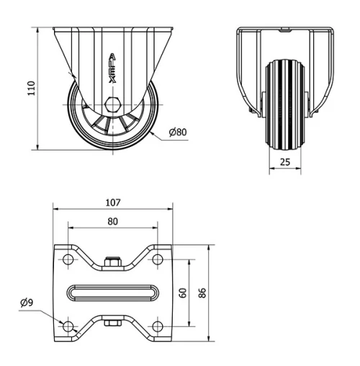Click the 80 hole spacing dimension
(x=113, y=221)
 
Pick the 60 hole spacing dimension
(x=183, y=293)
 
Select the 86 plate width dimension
(x=203, y=293)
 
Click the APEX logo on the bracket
(x=112, y=68)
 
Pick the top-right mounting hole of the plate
(x=157, y=259)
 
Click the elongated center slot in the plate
(x=112, y=293)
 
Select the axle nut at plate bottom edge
(x=112, y=323)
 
